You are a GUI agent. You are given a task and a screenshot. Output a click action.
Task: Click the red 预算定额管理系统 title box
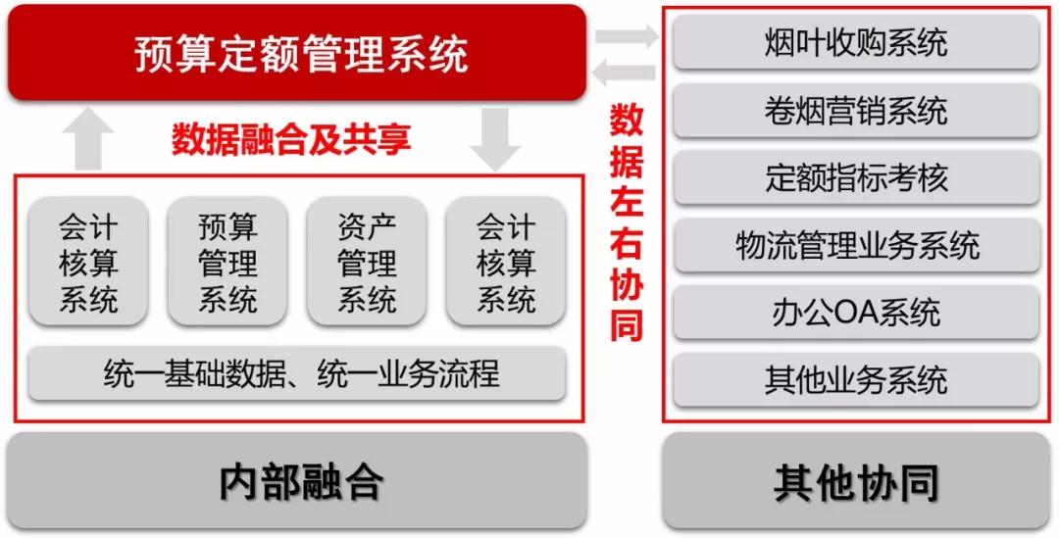(x=296, y=53)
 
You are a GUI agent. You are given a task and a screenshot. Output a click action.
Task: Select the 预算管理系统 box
(x=227, y=262)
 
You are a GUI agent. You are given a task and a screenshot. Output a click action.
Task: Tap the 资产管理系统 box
(x=367, y=262)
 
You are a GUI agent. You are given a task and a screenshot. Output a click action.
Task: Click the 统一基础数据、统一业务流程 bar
(x=297, y=373)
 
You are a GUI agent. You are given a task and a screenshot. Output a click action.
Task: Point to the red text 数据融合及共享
(x=291, y=140)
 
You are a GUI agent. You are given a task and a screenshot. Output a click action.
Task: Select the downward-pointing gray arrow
(x=495, y=139)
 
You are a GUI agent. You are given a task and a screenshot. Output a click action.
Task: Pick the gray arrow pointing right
(x=627, y=36)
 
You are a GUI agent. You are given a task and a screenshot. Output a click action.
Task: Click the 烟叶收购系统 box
(x=856, y=42)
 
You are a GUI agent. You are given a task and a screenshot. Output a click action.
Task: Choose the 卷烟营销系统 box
(x=856, y=110)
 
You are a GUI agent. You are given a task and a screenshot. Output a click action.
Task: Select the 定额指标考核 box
(x=856, y=176)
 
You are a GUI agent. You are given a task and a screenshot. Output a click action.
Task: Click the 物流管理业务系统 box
(x=856, y=244)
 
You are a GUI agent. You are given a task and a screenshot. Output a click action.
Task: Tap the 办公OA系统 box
(x=856, y=312)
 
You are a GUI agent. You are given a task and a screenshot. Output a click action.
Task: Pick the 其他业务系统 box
(x=856, y=379)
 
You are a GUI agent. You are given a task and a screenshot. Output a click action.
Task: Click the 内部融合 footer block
(x=297, y=480)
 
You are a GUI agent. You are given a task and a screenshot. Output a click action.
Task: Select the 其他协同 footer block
(x=856, y=480)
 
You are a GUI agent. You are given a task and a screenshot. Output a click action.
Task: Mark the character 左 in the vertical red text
(x=626, y=202)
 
